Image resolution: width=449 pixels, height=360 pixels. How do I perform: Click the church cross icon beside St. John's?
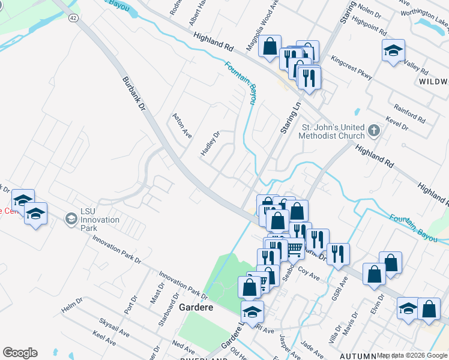(373, 130)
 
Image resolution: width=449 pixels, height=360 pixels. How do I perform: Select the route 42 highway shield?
(73, 19)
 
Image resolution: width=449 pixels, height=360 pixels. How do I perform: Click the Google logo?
(20, 353)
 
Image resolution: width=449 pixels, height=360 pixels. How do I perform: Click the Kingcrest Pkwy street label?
(352, 69)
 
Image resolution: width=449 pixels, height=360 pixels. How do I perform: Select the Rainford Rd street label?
(409, 114)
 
